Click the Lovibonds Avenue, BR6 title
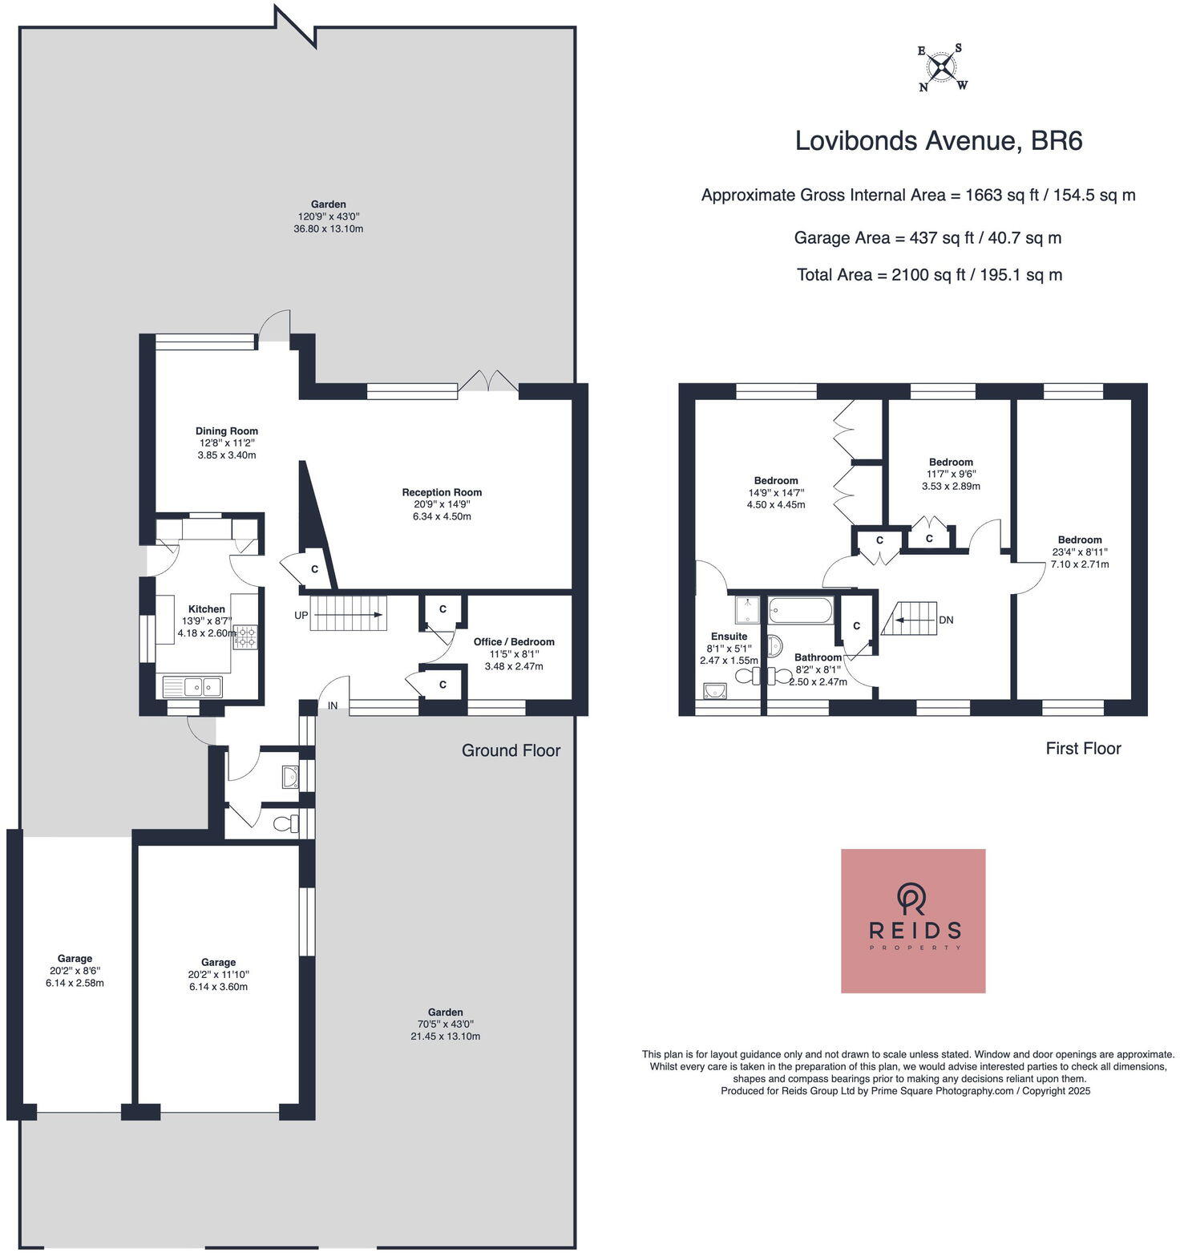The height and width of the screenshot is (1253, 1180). (x=938, y=141)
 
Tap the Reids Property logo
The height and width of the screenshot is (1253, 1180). (x=912, y=920)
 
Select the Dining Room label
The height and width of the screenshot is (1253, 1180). (x=227, y=443)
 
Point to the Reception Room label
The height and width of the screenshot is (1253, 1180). (x=442, y=504)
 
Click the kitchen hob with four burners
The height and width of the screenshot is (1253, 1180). (x=246, y=636)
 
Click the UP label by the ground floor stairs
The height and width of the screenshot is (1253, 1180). (x=301, y=616)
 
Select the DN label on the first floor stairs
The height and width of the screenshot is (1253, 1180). (x=946, y=620)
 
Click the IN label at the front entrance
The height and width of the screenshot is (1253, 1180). (x=332, y=706)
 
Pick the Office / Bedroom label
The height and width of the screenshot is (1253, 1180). (x=514, y=653)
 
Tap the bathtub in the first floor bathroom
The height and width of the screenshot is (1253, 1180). (x=801, y=611)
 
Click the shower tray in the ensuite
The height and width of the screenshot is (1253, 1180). (x=747, y=609)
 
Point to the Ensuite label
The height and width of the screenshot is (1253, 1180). (x=728, y=648)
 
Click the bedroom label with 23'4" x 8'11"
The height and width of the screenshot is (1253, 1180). (x=1079, y=552)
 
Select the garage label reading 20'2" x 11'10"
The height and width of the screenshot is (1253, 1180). (x=218, y=974)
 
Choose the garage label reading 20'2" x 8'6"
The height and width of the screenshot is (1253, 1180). (x=75, y=970)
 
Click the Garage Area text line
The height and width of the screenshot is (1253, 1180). (x=927, y=238)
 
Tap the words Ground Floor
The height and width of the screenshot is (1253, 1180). (x=511, y=750)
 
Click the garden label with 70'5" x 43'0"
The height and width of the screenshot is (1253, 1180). (x=445, y=1024)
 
